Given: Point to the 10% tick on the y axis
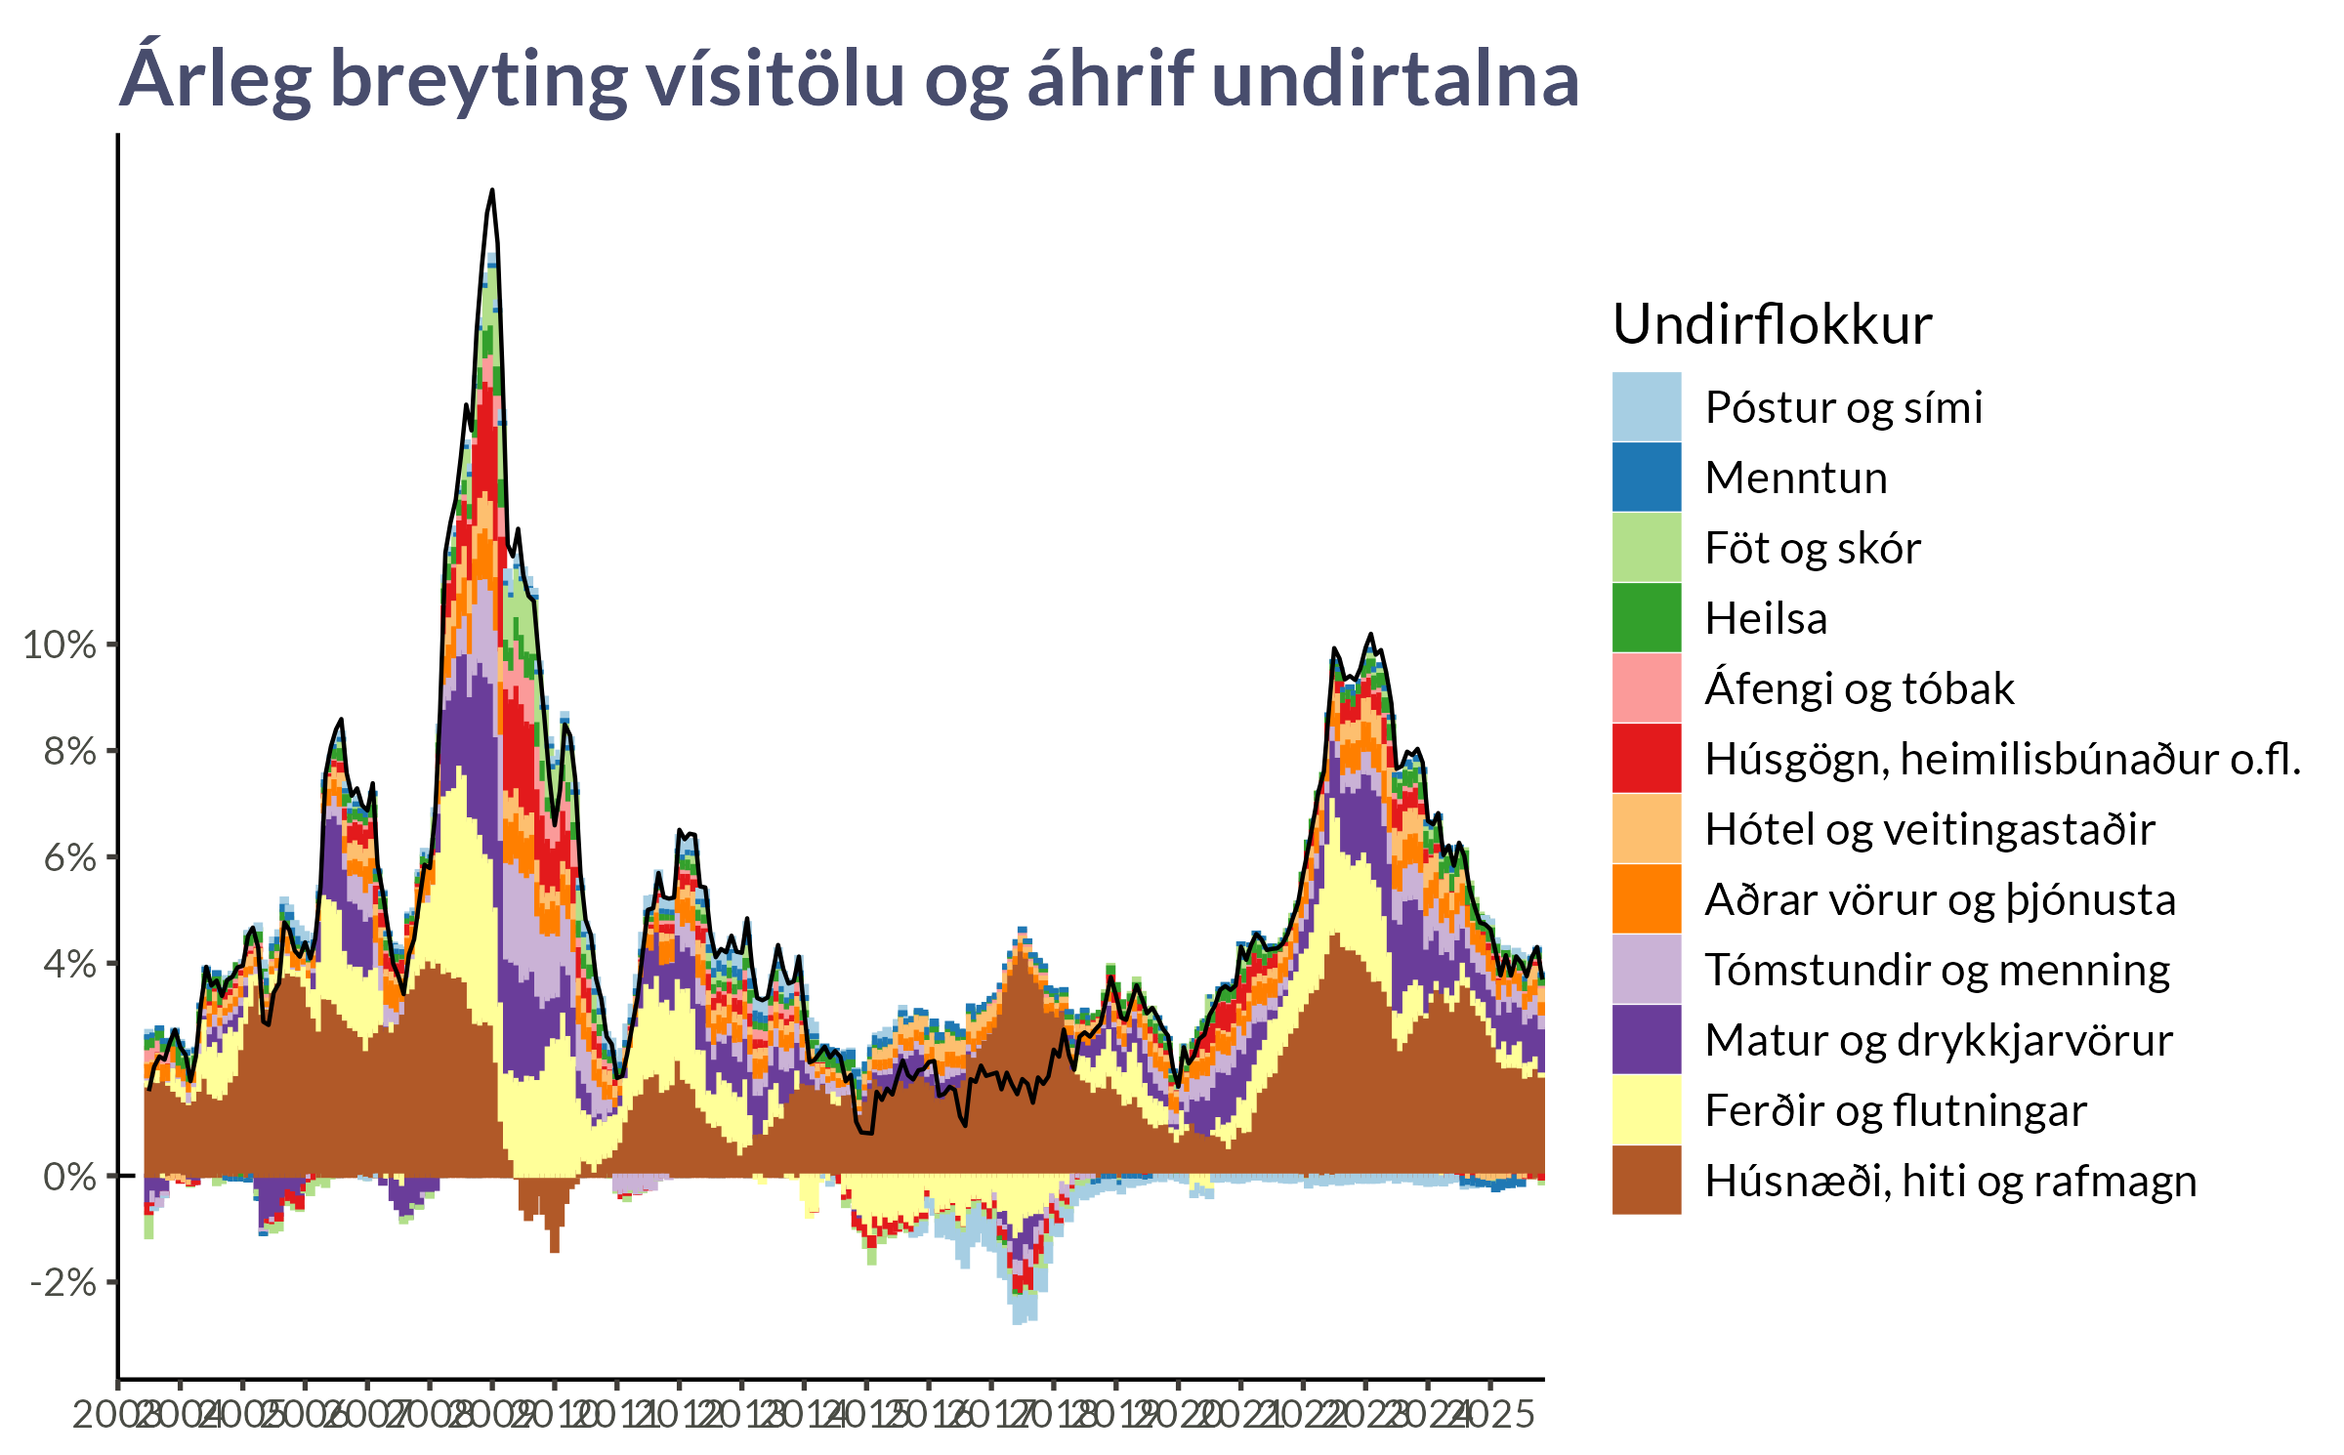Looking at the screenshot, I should tap(60, 645).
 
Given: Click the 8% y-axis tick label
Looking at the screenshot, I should tap(69, 752).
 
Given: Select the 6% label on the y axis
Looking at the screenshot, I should tap(69, 858).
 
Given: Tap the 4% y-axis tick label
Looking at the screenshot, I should tap(69, 965).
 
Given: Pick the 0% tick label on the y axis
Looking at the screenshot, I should tap(69, 1177).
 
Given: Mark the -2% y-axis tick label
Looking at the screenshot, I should tap(63, 1283).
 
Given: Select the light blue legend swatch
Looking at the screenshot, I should tap(1647, 406).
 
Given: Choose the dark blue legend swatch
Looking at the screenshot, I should tap(1647, 477).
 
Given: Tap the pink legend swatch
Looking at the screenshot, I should tap(1647, 687).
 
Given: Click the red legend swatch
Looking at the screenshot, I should tap(1647, 758).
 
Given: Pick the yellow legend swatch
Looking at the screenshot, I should tap(1647, 1109).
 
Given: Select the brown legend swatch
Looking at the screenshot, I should tap(1647, 1180).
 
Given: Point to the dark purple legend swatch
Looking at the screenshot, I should tap(1647, 1039).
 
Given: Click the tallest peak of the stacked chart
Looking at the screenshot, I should tap(491, 256).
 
